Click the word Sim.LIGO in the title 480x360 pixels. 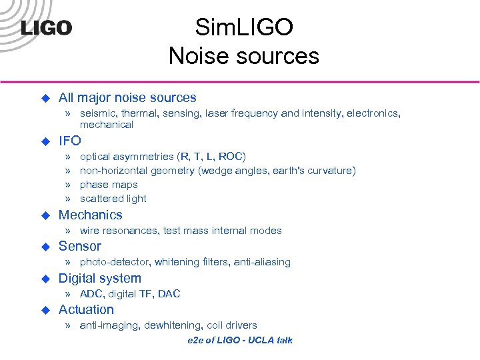pos(243,27)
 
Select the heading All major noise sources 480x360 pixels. pos(127,97)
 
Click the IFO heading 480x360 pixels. pos(70,141)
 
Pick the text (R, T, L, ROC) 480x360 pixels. pos(211,157)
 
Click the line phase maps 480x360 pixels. pos(109,185)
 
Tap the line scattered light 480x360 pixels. pos(113,199)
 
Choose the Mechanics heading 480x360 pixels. pos(91,215)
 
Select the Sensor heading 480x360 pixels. pos(80,246)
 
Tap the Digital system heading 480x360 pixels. pos(100,278)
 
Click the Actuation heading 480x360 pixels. pos(86,309)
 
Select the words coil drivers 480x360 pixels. pos(232,325)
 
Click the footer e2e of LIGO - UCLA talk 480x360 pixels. pos(240,340)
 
